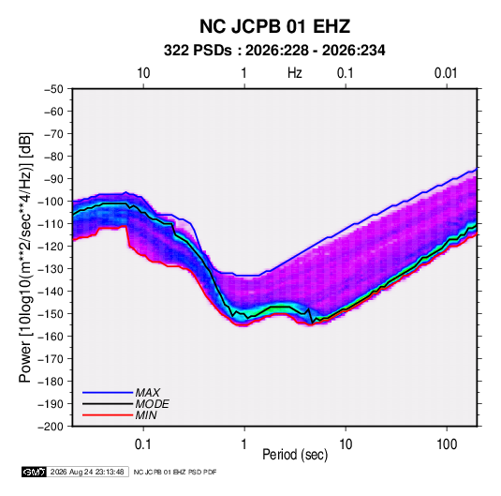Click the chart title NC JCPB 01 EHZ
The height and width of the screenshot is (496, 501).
pyautogui.click(x=274, y=26)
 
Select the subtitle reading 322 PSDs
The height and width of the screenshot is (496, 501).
pyautogui.click(x=198, y=51)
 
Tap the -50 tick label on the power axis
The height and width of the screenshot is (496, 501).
pyautogui.click(x=53, y=89)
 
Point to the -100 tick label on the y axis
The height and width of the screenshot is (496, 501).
pyautogui.click(x=51, y=202)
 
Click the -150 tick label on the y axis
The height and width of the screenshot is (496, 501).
pyautogui.click(x=51, y=314)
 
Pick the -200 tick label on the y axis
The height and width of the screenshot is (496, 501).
pyautogui.click(x=51, y=427)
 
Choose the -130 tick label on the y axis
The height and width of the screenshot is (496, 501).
pyautogui.click(x=51, y=269)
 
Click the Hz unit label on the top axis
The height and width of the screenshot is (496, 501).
pyautogui.click(x=295, y=73)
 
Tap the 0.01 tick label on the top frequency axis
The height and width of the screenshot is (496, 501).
pyautogui.click(x=446, y=73)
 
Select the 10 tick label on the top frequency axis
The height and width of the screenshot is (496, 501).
pyautogui.click(x=143, y=73)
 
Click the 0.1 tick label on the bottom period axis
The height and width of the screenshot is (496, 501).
pyautogui.click(x=143, y=444)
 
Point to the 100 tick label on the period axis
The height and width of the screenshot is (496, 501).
pyautogui.click(x=447, y=444)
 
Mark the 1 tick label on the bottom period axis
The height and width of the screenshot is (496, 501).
pyautogui.click(x=244, y=444)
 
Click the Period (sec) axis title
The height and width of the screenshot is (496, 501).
pyautogui.click(x=295, y=455)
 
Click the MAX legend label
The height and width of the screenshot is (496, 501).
pyautogui.click(x=147, y=392)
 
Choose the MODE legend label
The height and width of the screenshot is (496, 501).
pyautogui.click(x=152, y=404)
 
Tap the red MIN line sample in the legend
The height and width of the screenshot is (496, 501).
pyautogui.click(x=108, y=415)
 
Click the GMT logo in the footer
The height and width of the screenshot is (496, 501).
pyautogui.click(x=34, y=472)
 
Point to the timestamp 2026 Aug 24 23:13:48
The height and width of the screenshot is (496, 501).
pyautogui.click(x=87, y=472)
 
